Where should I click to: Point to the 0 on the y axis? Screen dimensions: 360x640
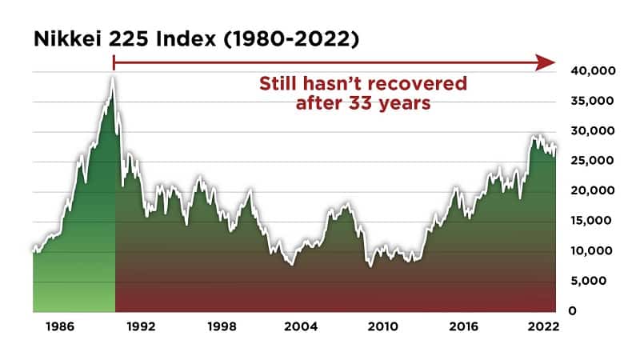(x=572, y=310)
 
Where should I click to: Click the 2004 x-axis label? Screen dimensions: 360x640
(x=301, y=326)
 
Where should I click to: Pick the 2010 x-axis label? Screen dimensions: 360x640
(x=382, y=326)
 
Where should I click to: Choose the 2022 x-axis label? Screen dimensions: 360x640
(x=544, y=326)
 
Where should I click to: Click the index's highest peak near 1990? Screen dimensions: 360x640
(x=113, y=78)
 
